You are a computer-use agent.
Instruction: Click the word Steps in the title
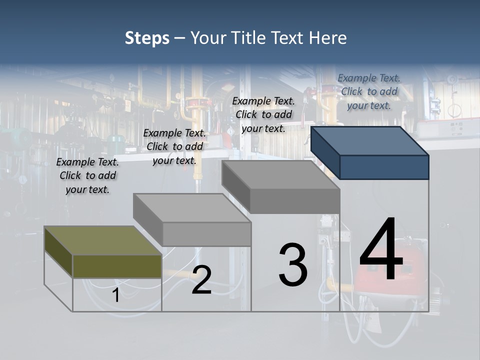click(147, 38)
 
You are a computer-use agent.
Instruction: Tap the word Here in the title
click(328, 38)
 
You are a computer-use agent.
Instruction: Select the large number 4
click(381, 250)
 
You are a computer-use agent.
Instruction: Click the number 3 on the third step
click(293, 265)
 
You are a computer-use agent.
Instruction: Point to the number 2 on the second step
click(201, 280)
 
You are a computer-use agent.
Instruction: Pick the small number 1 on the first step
click(115, 295)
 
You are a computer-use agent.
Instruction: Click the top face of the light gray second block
click(192, 208)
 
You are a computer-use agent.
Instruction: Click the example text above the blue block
click(369, 91)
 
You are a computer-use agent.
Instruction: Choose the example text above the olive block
click(87, 175)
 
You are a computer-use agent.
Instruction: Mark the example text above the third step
click(263, 114)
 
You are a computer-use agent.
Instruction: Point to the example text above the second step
click(174, 146)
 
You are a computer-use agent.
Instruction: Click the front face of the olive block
click(117, 266)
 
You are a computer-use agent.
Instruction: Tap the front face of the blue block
click(384, 167)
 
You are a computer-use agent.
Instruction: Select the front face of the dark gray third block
click(295, 201)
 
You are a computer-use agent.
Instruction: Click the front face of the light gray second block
click(206, 234)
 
